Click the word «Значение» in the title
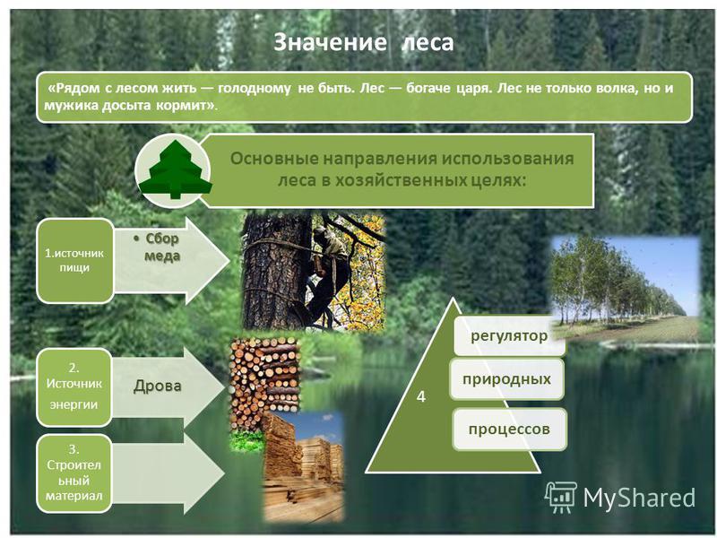click(330, 42)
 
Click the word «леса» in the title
click(428, 42)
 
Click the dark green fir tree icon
click(176, 170)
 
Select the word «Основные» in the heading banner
click(273, 159)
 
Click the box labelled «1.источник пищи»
click(74, 260)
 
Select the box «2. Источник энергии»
click(74, 387)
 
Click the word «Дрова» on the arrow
click(158, 386)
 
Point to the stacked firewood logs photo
click(264, 384)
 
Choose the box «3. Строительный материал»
click(74, 473)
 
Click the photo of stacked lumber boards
click(304, 466)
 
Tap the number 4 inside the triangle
click(420, 396)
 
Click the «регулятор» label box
click(509, 335)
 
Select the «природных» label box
click(506, 378)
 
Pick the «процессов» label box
click(509, 430)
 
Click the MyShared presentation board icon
click(561, 497)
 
